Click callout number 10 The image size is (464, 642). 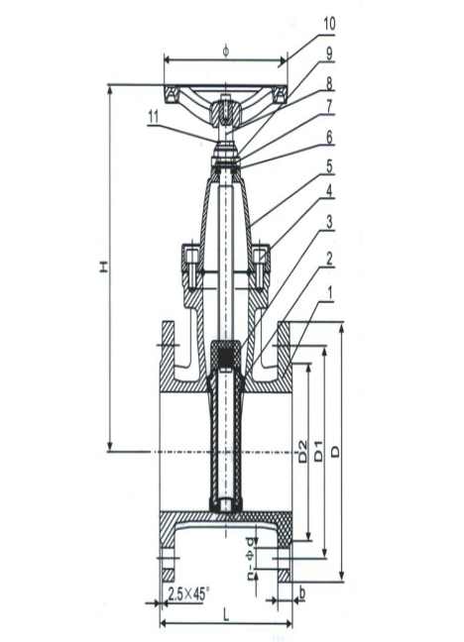pos(329,24)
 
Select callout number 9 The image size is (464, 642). pos(329,53)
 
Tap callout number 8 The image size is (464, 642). pos(329,83)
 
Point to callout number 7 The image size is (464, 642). pos(329,107)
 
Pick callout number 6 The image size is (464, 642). pos(329,137)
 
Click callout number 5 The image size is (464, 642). pos(329,167)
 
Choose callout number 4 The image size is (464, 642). pos(329,192)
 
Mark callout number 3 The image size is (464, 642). pos(329,222)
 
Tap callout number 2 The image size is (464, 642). pos(329,259)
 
